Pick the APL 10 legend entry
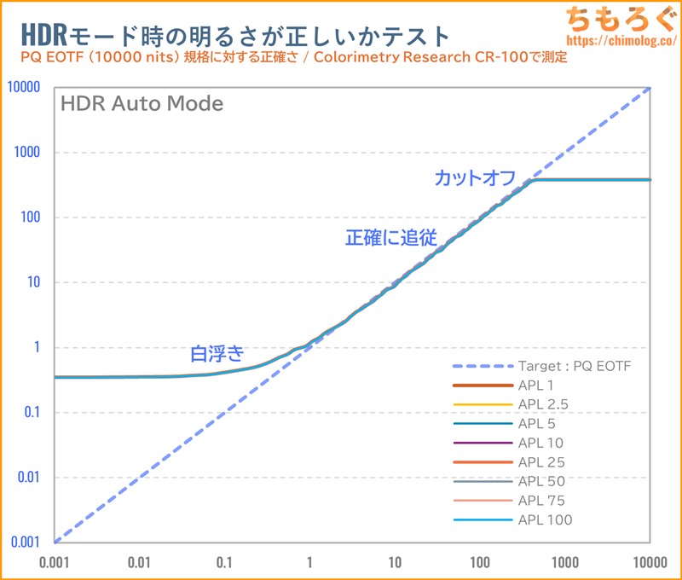(540, 443)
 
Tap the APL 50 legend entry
(540, 481)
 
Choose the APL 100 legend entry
(544, 519)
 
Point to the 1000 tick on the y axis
(28, 153)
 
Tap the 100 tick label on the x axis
(480, 562)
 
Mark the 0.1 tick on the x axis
(224, 562)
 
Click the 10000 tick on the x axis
(650, 562)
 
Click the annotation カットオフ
(475, 178)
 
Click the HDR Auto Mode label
(142, 104)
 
